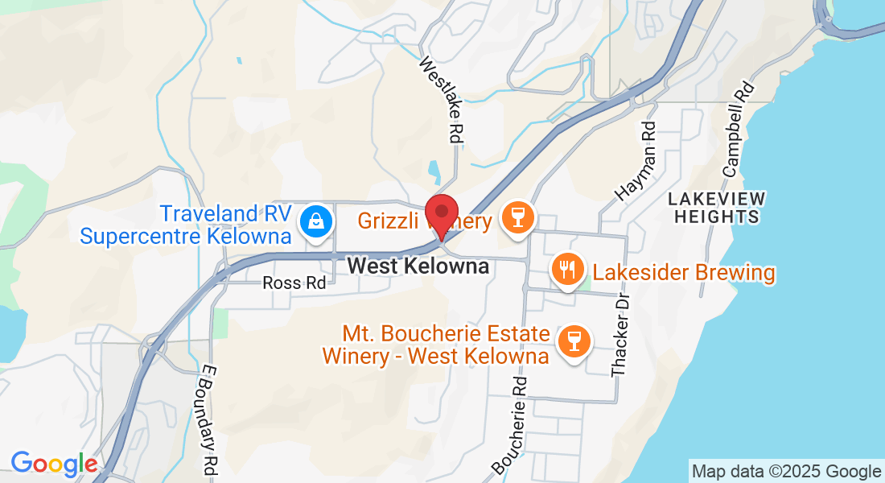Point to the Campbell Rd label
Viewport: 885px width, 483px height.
tap(738, 130)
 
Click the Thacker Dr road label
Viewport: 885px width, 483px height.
tap(619, 335)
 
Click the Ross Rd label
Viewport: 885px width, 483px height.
tap(294, 283)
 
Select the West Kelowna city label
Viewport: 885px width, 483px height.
tap(418, 266)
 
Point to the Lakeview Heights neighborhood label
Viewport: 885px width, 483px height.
tap(717, 208)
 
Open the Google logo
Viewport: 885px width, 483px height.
tap(53, 464)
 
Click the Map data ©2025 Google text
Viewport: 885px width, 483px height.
tap(787, 472)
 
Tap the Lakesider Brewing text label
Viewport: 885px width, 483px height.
tap(684, 273)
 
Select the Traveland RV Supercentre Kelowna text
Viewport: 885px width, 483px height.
tap(185, 225)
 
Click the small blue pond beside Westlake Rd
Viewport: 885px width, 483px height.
tap(434, 171)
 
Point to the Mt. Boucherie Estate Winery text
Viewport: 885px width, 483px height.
tap(436, 345)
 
